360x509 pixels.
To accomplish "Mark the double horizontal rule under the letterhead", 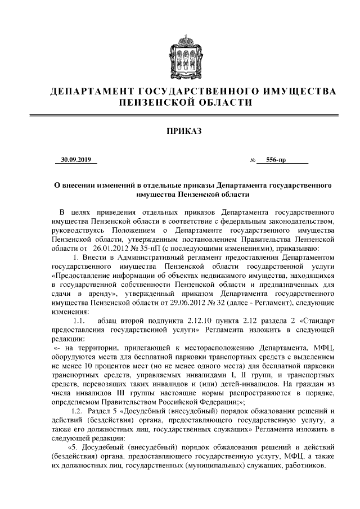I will pyautogui.click(x=180, y=115).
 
